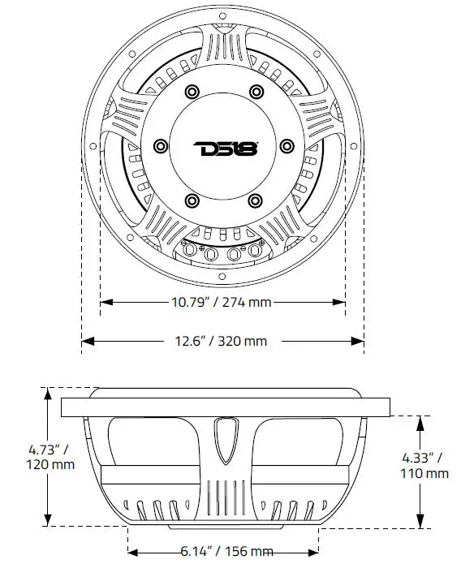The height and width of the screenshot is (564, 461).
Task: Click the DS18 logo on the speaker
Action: click(225, 149)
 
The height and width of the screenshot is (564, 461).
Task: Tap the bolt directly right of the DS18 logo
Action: click(287, 146)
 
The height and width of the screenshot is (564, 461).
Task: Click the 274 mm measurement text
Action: click(248, 302)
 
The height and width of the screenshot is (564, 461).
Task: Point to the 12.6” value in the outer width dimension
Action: click(191, 341)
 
